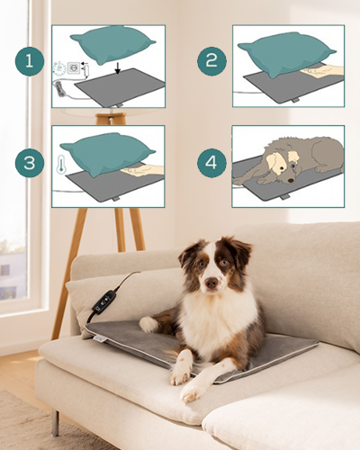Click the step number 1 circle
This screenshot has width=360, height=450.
(x=30, y=61)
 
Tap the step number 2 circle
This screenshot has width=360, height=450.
(x=211, y=61)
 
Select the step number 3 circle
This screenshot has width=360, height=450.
(x=30, y=163)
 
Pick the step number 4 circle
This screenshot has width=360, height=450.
(x=211, y=163)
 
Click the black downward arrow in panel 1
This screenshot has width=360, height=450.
(x=118, y=68)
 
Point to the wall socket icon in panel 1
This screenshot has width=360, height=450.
(x=73, y=68)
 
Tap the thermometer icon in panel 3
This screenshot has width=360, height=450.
(x=61, y=165)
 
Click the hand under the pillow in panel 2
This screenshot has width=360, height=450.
(x=322, y=72)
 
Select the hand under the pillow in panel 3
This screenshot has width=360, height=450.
(x=142, y=170)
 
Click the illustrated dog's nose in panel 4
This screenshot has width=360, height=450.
(x=291, y=181)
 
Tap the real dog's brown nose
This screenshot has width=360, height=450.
(x=211, y=283)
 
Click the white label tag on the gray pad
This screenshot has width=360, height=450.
(x=98, y=338)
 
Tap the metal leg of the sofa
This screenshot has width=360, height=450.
(x=55, y=423)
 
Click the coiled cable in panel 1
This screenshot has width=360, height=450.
(x=58, y=89)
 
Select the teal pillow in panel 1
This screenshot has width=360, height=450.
(x=113, y=46)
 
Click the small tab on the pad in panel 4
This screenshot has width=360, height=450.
(x=284, y=197)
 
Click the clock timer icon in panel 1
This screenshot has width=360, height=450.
(x=59, y=68)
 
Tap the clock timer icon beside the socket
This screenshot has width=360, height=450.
(x=59, y=68)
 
